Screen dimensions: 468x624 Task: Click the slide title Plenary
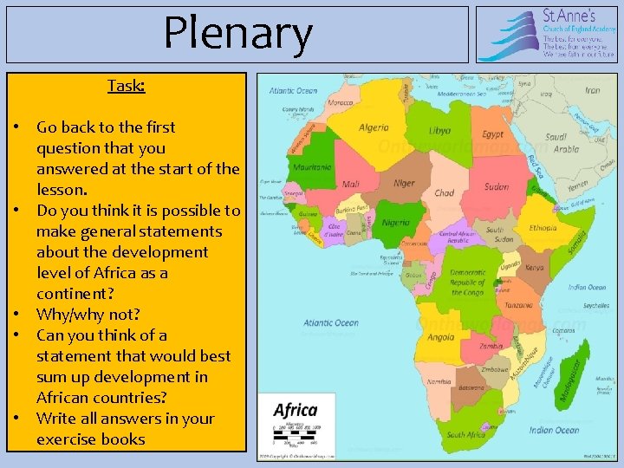tap(237, 34)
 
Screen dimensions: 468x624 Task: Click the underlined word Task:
tap(126, 86)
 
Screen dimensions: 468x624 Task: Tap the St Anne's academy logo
tap(546, 34)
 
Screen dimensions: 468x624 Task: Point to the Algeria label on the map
tap(374, 127)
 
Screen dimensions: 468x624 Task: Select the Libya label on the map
tap(439, 131)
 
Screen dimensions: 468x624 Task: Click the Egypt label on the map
tap(493, 134)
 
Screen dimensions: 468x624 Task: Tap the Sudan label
tap(497, 186)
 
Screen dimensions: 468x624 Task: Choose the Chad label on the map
tap(445, 193)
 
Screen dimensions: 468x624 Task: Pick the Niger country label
tap(405, 183)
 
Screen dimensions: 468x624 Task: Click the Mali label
tap(351, 184)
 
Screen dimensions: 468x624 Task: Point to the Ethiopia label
tap(543, 228)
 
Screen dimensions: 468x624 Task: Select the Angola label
tap(441, 338)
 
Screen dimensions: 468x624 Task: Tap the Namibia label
tap(438, 381)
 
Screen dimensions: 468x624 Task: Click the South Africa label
tap(466, 434)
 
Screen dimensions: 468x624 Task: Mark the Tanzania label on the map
tap(519, 305)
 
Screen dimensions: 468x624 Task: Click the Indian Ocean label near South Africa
tap(554, 430)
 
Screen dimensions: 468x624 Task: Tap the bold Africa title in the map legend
tap(296, 410)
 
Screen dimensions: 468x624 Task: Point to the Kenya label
tap(536, 268)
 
